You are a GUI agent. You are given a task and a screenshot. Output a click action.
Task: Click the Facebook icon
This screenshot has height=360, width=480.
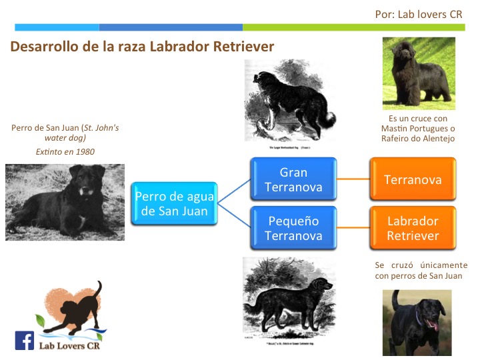point(24,341)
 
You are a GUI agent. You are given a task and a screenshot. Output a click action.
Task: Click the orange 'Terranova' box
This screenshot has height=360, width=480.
point(413,180)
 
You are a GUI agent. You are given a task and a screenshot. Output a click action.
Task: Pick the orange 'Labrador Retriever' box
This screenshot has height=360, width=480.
point(413,228)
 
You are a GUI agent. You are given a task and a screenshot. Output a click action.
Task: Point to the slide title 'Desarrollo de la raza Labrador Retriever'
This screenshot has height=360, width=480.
point(142,47)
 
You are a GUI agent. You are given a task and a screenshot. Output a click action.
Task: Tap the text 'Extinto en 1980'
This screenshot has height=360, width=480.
point(65,151)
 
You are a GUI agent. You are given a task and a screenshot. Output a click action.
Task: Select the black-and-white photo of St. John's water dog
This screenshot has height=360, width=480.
point(65,202)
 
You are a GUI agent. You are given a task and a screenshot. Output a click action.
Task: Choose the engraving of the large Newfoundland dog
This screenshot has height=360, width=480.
point(291,100)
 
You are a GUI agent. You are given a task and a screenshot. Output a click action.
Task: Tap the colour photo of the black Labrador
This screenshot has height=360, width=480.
point(417,322)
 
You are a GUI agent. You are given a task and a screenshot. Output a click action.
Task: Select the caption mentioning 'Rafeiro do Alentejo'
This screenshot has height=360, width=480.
point(417,129)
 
